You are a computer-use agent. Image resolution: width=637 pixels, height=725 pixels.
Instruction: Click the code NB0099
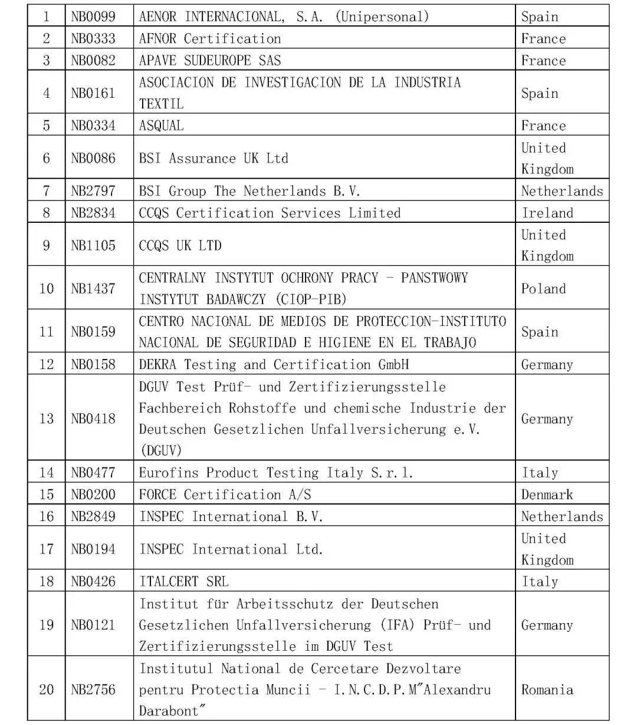[x=93, y=17]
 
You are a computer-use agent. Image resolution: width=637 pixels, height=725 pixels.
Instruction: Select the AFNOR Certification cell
[x=210, y=39]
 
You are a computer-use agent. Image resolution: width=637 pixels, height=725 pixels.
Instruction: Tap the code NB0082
[x=93, y=60]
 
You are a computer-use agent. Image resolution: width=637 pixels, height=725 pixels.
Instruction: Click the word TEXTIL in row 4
[x=161, y=104]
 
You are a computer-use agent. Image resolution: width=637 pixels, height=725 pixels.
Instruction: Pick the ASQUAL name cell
[x=161, y=126]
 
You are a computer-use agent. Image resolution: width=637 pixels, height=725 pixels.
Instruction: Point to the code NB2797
[x=93, y=191]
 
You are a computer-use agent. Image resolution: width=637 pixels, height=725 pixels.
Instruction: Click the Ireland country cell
[x=547, y=213]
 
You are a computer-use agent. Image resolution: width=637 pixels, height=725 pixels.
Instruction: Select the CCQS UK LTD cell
[x=180, y=245]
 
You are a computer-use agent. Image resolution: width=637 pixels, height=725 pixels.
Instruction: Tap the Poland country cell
[x=543, y=289]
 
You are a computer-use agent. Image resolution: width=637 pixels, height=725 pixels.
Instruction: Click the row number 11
[x=47, y=332]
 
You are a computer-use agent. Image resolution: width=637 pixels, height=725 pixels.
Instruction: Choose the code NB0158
[x=93, y=364]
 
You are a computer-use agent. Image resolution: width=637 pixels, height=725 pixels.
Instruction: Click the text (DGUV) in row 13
[x=160, y=451]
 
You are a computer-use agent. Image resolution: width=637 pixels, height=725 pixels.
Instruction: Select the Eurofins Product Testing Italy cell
[x=275, y=473]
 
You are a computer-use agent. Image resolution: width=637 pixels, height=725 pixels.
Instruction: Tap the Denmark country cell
[x=547, y=495]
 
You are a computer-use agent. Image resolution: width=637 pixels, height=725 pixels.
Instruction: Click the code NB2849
[x=93, y=516]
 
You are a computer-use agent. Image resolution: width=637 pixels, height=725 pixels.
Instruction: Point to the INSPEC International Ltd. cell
[x=231, y=549]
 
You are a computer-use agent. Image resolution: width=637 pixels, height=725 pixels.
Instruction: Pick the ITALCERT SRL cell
[x=183, y=581]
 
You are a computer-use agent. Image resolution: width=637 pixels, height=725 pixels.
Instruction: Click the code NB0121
[x=93, y=625]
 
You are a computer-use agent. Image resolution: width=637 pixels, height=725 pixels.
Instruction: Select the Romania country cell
[x=547, y=690]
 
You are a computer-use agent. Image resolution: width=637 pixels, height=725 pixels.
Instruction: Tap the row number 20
[x=47, y=690]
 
